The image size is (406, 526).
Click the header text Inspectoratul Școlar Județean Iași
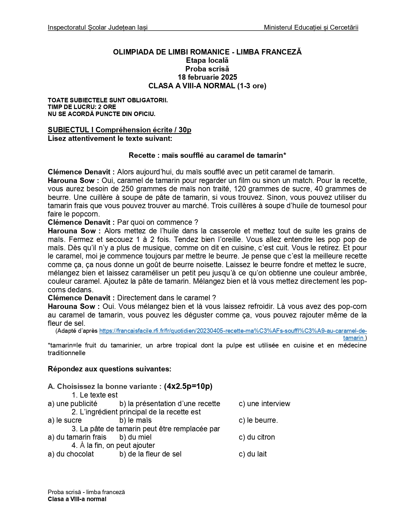pos(97,27)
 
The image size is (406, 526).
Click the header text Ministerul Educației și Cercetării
pos(311,27)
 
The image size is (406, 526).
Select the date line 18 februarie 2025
pos(207,77)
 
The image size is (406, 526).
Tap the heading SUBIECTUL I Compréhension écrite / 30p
pos(119,130)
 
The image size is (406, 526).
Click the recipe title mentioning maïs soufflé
pos(207,155)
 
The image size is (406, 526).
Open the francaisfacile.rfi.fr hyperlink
pos(233,331)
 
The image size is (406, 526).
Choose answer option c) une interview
pos(264,404)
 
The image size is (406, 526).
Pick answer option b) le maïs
pos(135,420)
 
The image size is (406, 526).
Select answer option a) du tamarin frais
pos(77,437)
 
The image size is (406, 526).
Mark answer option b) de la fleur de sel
pos(150,454)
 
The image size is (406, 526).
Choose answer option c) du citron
pos(257,437)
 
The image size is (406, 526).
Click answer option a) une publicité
pos(73,404)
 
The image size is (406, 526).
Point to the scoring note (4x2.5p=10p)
pos(188,386)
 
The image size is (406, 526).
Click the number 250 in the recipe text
pos(128,189)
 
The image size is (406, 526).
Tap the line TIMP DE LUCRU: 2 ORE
pos(82,107)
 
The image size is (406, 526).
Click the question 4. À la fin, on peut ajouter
pos(113,445)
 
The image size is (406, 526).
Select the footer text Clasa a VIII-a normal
pos(77,499)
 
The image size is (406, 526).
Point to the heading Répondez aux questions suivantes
pos(110,369)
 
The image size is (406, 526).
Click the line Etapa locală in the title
pos(207,60)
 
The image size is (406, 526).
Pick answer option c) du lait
pos(253,454)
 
